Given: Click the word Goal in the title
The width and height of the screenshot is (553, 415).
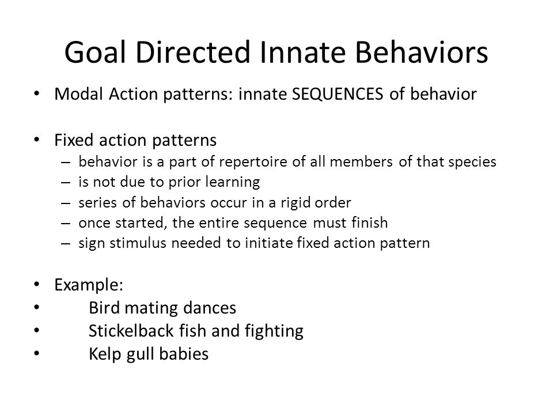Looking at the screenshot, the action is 95,52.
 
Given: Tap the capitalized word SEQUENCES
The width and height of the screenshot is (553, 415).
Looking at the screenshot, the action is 338,94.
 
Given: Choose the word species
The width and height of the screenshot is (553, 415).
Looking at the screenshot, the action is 472,161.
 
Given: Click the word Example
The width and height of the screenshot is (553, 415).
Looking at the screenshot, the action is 87,285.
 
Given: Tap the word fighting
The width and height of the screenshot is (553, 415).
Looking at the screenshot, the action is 274,331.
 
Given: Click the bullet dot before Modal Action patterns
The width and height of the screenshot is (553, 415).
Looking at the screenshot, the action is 37,93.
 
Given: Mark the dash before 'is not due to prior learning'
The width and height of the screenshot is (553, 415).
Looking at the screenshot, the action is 66,183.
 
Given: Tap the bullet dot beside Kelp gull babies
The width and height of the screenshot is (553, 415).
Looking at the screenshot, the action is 37,353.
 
